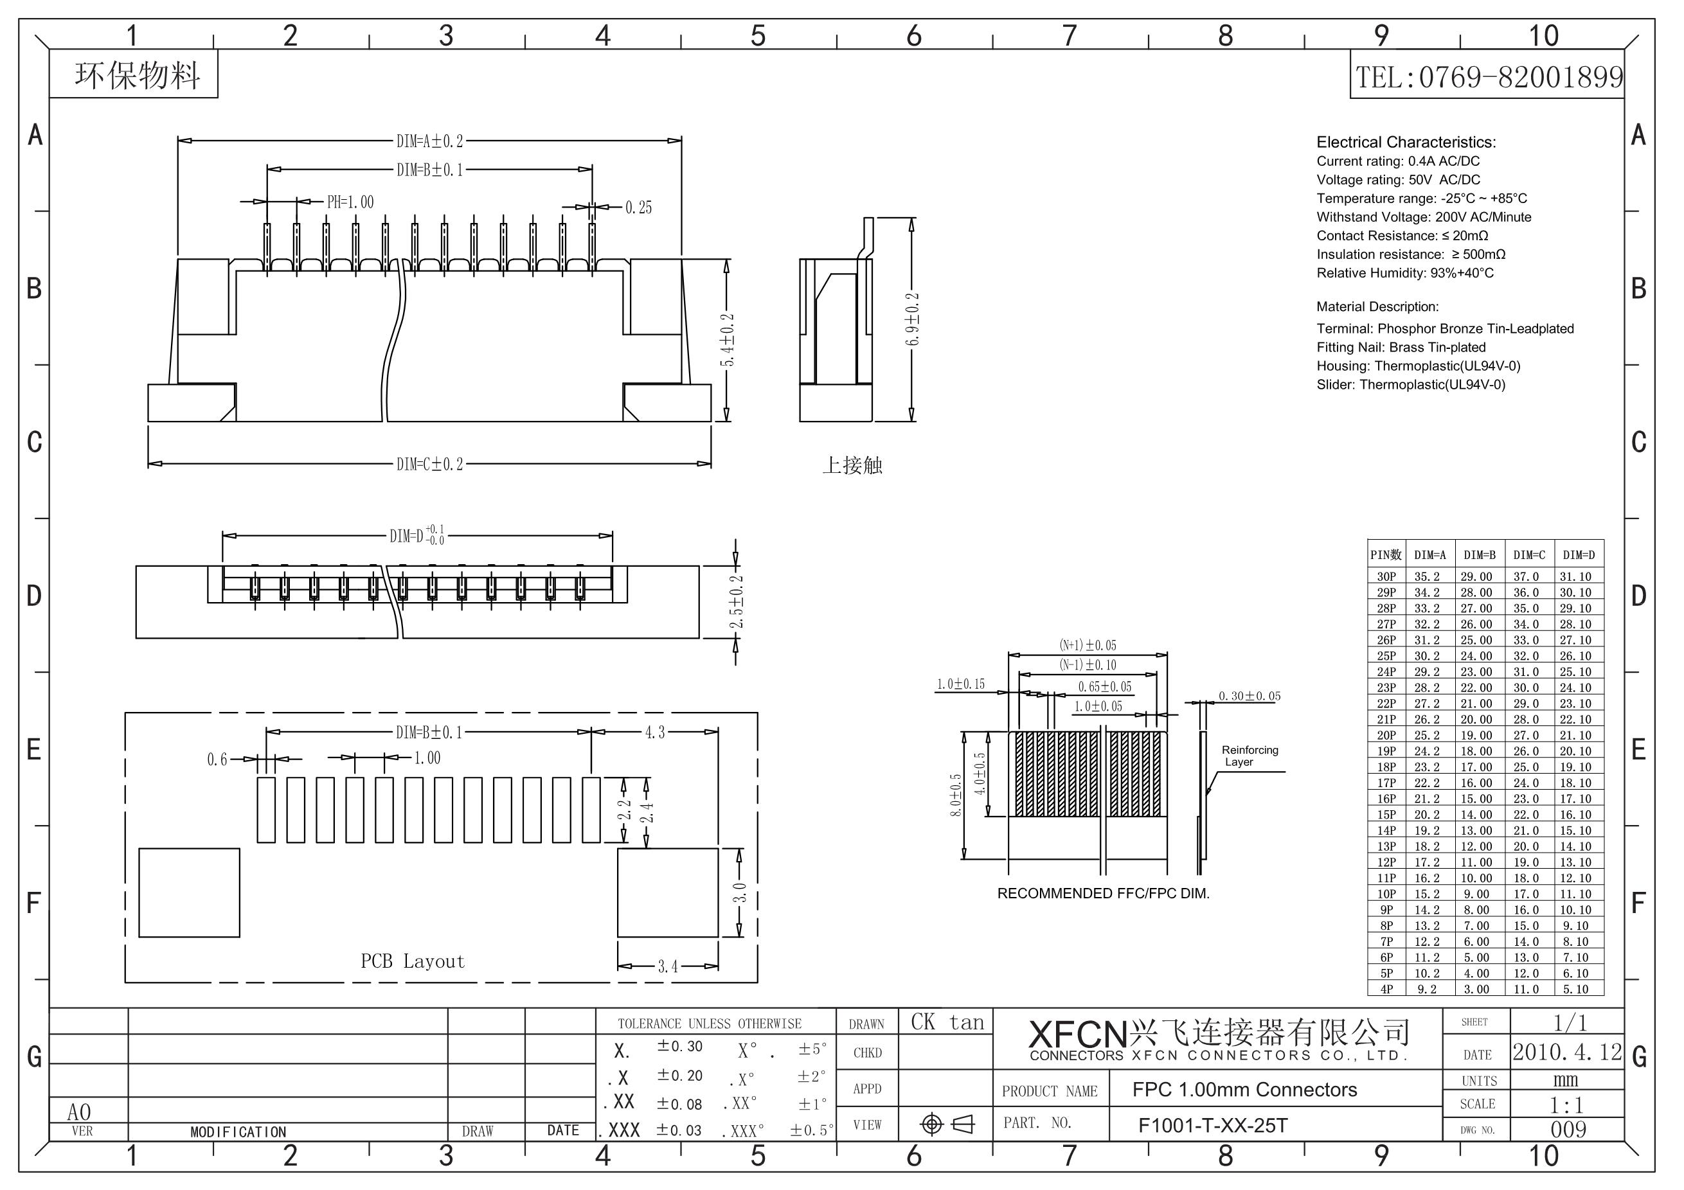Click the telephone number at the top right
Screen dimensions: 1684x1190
1489,76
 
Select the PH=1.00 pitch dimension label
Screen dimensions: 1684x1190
350,202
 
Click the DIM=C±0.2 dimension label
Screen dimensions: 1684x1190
430,464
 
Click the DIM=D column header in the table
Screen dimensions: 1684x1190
1579,555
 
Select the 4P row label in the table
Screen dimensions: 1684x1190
1386,989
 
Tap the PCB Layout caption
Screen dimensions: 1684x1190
413,961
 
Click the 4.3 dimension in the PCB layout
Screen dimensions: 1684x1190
654,732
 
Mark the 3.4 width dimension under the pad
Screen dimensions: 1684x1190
667,966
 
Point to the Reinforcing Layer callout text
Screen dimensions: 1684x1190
1250,756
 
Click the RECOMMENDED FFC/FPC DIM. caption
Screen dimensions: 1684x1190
1103,893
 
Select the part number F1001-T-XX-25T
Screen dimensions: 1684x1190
1212,1126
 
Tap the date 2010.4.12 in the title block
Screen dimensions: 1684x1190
1568,1052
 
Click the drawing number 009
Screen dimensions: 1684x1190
1568,1129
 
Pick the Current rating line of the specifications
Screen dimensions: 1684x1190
1398,161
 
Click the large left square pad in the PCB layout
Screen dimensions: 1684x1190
189,893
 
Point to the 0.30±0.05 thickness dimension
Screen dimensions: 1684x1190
1250,696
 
